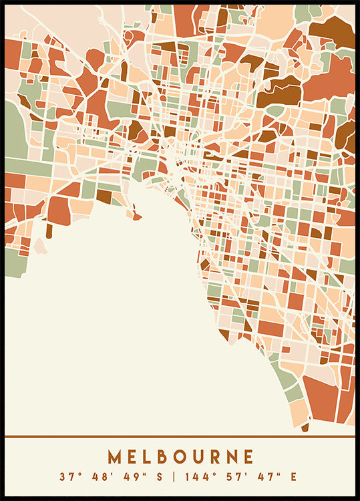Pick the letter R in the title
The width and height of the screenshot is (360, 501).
pyautogui.click(x=215, y=457)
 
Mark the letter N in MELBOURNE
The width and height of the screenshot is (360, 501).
pyautogui.click(x=232, y=457)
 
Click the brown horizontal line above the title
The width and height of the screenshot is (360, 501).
pyautogui.click(x=180, y=437)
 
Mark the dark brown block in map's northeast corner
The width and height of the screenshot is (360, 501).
pyautogui.click(x=334, y=28)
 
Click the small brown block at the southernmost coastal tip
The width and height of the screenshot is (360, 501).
pyautogui.click(x=305, y=427)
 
